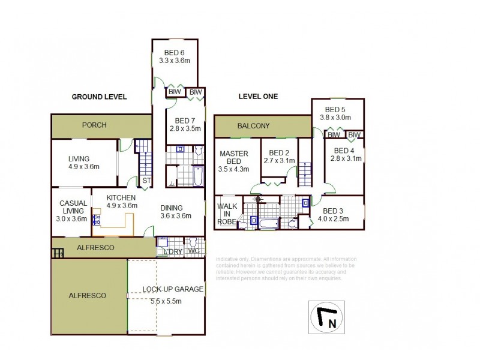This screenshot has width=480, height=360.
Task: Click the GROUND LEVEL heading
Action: pyautogui.click(x=99, y=97)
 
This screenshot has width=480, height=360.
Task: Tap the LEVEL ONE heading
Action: pyautogui.click(x=258, y=97)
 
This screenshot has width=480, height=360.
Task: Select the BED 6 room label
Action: pyautogui.click(x=175, y=52)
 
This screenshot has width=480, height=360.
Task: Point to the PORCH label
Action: pyautogui.click(x=95, y=125)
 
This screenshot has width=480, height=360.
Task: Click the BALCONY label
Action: pyautogui.click(x=253, y=126)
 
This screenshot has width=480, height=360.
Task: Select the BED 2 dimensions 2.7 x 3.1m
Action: pyautogui.click(x=280, y=161)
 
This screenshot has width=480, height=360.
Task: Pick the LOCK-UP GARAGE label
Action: pyautogui.click(x=173, y=289)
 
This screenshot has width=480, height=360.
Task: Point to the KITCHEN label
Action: pyautogui.click(x=121, y=197)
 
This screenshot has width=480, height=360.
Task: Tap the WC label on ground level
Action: pyautogui.click(x=193, y=251)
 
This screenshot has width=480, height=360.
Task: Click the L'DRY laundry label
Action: pyautogui.click(x=172, y=251)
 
